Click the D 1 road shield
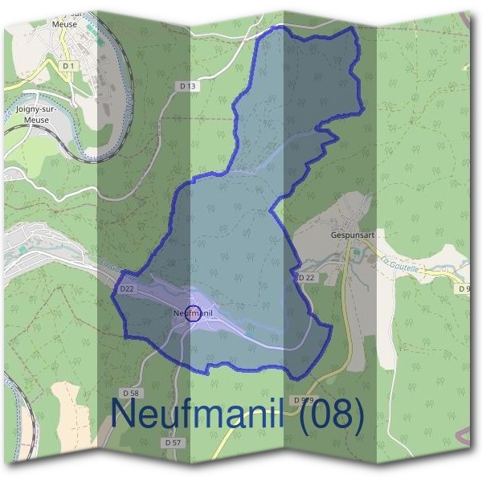click(68, 65)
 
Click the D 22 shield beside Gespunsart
click(306, 277)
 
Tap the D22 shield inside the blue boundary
click(127, 288)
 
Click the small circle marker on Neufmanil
click(193, 314)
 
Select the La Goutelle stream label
click(400, 264)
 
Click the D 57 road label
click(173, 443)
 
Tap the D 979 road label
click(303, 399)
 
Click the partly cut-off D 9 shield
click(463, 288)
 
